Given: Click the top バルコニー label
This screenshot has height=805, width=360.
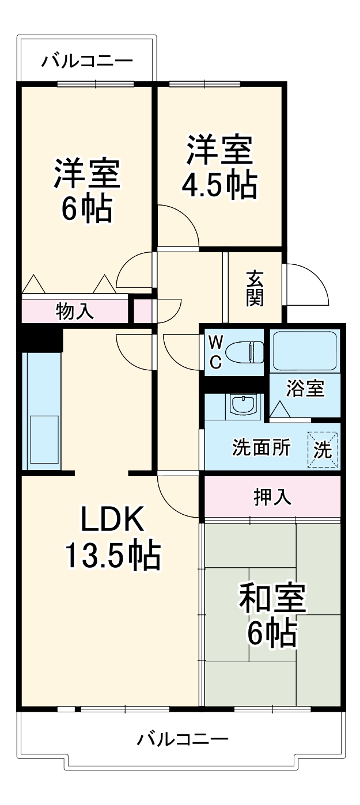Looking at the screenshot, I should (87, 60).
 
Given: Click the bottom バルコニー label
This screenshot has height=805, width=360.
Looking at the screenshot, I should (183, 738).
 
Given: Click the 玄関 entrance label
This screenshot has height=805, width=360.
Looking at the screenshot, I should (255, 287).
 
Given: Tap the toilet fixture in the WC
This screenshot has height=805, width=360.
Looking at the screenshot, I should (244, 351).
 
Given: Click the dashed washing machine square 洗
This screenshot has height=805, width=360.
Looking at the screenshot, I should (322, 449).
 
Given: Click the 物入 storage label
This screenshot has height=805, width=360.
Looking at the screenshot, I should (75, 312).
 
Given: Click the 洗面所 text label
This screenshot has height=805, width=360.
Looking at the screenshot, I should (262, 447).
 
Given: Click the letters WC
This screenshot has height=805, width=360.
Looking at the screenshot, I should (215, 352).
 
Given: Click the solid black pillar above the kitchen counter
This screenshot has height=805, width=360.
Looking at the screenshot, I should (39, 338).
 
